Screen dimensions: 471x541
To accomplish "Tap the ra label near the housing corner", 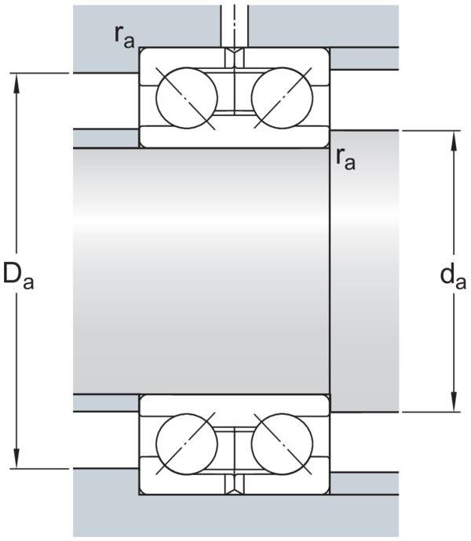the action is click(x=124, y=37).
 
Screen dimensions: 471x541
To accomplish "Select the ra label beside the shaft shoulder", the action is click(x=345, y=159).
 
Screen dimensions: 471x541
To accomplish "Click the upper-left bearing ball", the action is click(x=187, y=98).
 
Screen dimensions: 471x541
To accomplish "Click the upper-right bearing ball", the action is click(x=282, y=98).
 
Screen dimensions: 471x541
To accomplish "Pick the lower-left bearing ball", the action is click(x=187, y=444).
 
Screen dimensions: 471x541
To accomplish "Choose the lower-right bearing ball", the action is click(x=282, y=444).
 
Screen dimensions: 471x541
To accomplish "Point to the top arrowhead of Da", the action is click(x=16, y=83).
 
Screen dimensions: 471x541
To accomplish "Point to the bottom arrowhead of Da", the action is click(x=16, y=459).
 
